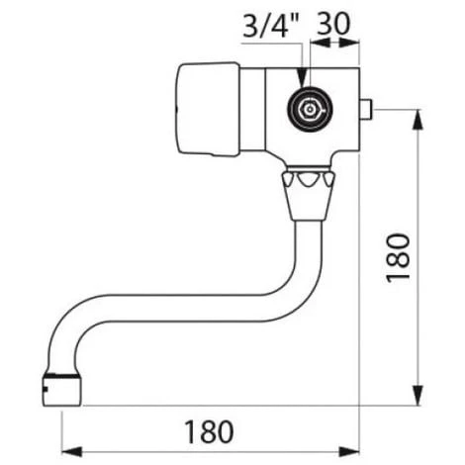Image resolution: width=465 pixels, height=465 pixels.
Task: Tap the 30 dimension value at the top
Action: tap(333, 24)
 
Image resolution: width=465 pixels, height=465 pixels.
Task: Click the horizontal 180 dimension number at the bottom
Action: tap(209, 431)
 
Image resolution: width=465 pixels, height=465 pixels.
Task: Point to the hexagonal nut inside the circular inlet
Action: tap(310, 110)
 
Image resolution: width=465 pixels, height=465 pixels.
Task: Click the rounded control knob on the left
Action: tap(209, 109)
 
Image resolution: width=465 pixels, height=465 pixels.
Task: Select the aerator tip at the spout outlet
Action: tap(61, 390)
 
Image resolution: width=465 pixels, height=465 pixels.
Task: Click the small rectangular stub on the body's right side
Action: tap(365, 110)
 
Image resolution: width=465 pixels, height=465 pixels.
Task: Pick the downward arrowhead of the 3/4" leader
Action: tap(302, 78)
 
